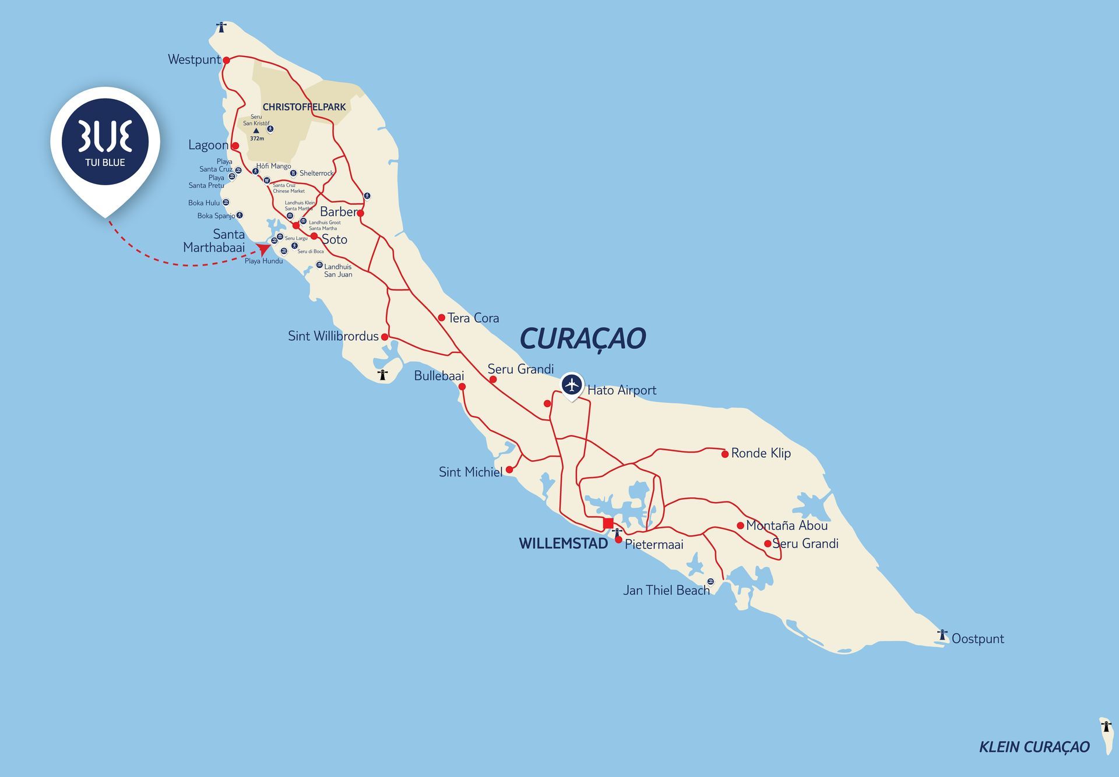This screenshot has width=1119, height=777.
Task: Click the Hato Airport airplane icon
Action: [x=572, y=385]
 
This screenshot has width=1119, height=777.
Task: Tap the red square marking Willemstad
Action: [x=608, y=523]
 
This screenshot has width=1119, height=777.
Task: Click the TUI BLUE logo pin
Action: [x=105, y=142]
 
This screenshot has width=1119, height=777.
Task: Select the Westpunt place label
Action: [x=194, y=59]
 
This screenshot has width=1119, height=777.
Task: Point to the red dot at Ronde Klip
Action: [x=724, y=454]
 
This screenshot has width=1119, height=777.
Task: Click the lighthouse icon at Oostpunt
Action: [x=942, y=635]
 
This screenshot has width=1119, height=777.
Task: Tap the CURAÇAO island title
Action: [x=582, y=338]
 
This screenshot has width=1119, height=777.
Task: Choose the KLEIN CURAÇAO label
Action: [x=1034, y=747]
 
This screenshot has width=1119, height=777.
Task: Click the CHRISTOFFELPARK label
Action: [x=304, y=107]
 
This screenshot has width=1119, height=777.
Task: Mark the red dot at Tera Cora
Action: [x=442, y=317]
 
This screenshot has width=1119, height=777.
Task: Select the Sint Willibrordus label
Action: [x=333, y=336]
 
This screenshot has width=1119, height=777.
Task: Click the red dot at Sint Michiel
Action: [x=509, y=469]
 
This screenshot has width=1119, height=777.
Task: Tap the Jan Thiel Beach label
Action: [x=666, y=590]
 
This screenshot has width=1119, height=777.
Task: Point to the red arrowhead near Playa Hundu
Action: [x=263, y=249]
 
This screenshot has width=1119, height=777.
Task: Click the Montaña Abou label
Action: [x=786, y=525]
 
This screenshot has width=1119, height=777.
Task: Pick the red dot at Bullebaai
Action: [x=462, y=386]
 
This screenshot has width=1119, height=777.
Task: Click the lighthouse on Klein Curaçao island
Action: [x=1106, y=726]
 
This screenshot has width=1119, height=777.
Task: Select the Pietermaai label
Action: [x=653, y=545]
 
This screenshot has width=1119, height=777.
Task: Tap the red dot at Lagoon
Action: [x=235, y=146]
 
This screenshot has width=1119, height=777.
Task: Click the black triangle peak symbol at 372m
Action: [x=256, y=131]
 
